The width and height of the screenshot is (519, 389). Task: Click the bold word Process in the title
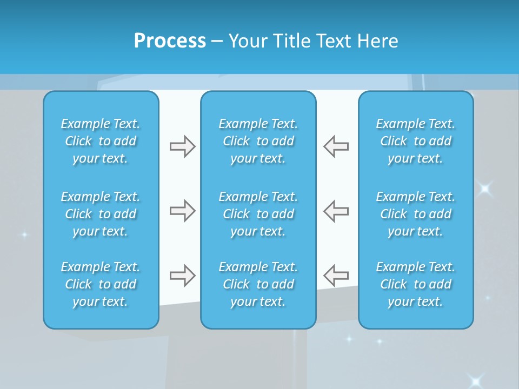tap(170, 41)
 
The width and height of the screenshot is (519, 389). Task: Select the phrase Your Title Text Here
tap(313, 41)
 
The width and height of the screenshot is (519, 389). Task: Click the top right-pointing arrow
tap(182, 146)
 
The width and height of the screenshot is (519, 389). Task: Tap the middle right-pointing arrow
tap(182, 211)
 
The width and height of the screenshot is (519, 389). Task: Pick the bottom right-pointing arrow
tap(182, 275)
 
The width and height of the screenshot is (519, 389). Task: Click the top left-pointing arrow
tap(336, 146)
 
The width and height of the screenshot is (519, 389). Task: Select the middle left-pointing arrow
tap(336, 211)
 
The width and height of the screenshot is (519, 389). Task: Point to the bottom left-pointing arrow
tap(336, 275)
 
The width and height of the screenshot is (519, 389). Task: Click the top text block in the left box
tap(101, 141)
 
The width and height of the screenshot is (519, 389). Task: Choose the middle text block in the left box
tap(101, 214)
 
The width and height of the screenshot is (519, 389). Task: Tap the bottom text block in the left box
tap(101, 284)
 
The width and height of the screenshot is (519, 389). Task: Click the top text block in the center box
tap(258, 141)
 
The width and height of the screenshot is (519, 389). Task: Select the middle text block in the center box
tap(258, 214)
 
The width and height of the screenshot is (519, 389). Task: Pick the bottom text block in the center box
tap(258, 284)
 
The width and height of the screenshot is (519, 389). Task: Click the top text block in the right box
tap(415, 141)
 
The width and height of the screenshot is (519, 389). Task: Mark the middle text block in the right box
tap(415, 214)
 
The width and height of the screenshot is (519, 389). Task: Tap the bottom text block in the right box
tap(415, 284)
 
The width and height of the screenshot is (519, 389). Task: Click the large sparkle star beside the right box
tap(484, 188)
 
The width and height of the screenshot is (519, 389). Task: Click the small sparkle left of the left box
tap(24, 234)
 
